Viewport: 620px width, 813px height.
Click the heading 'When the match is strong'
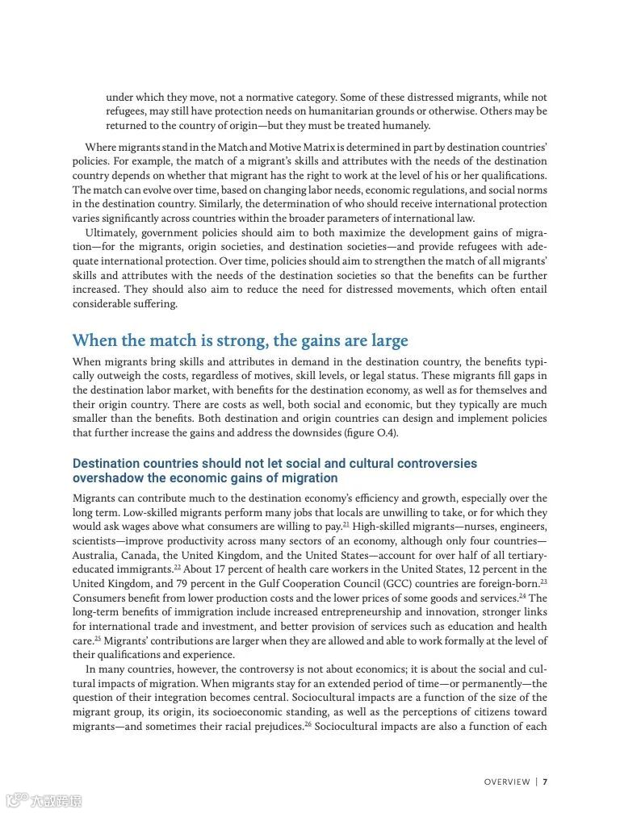click(240, 340)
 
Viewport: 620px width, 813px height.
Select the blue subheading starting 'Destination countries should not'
click(274, 470)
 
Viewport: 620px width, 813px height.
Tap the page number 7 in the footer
click(546, 782)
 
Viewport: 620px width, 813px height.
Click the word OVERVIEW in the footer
click(507, 782)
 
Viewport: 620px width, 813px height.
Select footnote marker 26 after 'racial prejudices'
click(308, 723)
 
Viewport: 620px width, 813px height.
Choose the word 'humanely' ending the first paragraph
click(406, 126)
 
